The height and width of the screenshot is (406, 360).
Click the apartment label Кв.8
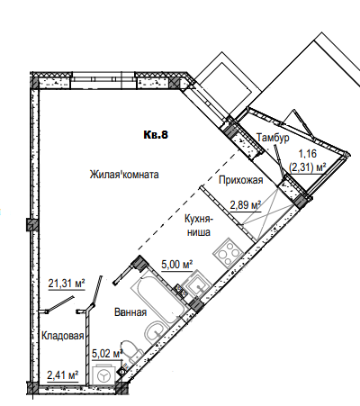coord(156,135)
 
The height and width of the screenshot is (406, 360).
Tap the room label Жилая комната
coord(124,175)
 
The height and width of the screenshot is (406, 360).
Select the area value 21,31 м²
coord(67,283)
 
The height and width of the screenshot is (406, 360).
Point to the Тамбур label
coord(273,138)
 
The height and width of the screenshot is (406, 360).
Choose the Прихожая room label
coord(241,180)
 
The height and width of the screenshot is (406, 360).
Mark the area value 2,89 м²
coord(246,205)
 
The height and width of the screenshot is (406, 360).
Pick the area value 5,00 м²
coord(177,265)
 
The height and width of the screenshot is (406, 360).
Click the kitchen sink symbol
coord(196,284)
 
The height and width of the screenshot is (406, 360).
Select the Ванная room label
coord(130,312)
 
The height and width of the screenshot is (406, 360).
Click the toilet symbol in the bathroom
coord(131,351)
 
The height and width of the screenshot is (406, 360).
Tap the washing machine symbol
coord(103,375)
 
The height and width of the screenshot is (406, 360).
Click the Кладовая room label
coord(62,336)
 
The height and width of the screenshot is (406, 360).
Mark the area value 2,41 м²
coord(63,375)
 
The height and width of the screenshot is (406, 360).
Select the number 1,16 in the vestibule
coord(307,154)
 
